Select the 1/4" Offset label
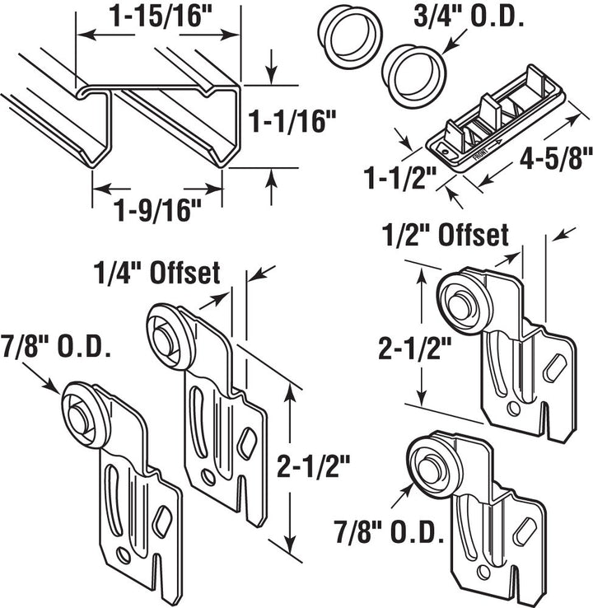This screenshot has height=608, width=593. [156, 273]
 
